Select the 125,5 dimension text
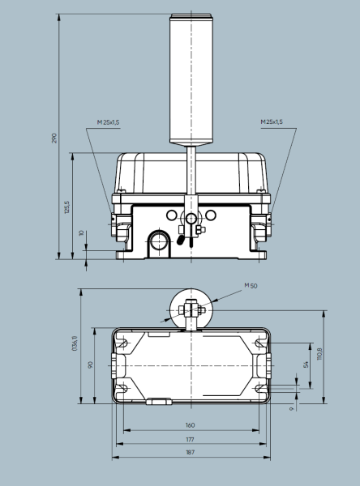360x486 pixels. pyautogui.click(x=68, y=207)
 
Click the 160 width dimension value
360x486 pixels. pyautogui.click(x=190, y=424)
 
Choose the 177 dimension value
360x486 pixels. pyautogui.click(x=190, y=438)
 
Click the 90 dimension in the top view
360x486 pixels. pyautogui.click(x=91, y=365)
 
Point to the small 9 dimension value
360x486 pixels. pyautogui.click(x=290, y=409)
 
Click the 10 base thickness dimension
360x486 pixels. pyautogui.click(x=81, y=232)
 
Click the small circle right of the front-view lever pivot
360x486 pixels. pyautogui.click(x=211, y=215)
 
